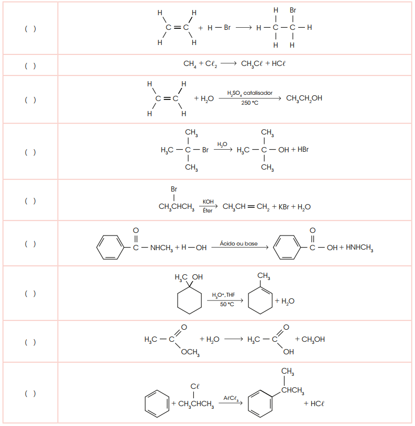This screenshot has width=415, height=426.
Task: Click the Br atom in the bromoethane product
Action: click(292, 10)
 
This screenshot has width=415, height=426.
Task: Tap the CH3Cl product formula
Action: click(252, 64)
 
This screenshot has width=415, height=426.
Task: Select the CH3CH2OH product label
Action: click(304, 98)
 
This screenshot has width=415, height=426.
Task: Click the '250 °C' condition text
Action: click(249, 103)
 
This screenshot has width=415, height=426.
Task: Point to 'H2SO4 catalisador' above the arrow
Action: click(249, 93)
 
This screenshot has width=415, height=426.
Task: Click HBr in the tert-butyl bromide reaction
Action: click(303, 150)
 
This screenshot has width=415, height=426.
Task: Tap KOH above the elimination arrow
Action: click(208, 202)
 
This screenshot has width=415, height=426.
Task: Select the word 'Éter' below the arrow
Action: click(207, 210)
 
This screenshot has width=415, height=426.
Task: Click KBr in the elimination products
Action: click(283, 207)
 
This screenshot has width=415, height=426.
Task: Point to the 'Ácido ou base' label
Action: click(238, 243)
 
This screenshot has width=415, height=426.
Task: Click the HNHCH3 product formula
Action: click(359, 248)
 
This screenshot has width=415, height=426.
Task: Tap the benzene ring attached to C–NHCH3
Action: click(110, 247)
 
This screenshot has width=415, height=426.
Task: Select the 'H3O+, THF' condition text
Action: click(223, 295)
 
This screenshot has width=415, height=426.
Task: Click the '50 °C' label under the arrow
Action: click(227, 304)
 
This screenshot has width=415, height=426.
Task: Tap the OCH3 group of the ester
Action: click(190, 352)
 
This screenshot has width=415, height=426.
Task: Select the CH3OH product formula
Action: click(313, 340)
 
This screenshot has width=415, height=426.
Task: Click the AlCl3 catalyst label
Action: click(231, 399)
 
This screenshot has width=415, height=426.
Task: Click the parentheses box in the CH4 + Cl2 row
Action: click(30, 66)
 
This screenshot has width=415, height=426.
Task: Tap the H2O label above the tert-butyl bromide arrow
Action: click(222, 144)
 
